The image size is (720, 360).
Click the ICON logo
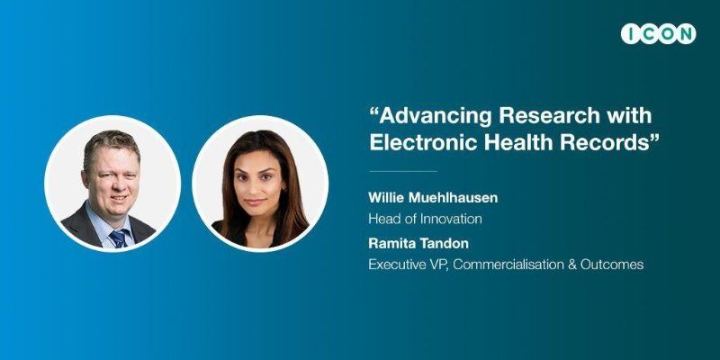pyautogui.click(x=658, y=34)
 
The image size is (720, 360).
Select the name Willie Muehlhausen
pyautogui.click(x=433, y=198)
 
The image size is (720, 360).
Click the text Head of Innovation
pyautogui.click(x=425, y=219)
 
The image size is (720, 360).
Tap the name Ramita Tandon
pyautogui.click(x=418, y=244)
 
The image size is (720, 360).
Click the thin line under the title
pyautogui.click(x=403, y=171)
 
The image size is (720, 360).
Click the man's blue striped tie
pyautogui.click(x=119, y=238)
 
